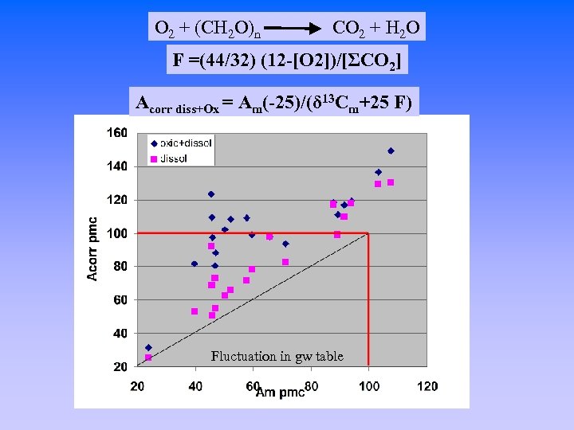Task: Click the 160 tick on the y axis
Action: [117, 133]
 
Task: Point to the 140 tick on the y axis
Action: [117, 166]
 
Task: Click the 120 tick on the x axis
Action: [427, 386]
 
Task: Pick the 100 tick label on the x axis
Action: [369, 386]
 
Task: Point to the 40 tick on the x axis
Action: [195, 386]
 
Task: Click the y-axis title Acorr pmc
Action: [92, 248]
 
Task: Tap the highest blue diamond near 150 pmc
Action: [391, 150]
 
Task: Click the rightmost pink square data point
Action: [391, 182]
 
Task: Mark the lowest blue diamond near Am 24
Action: [148, 348]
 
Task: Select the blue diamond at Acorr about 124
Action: [211, 194]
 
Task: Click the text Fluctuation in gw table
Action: [277, 357]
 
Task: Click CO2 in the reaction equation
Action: [348, 29]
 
